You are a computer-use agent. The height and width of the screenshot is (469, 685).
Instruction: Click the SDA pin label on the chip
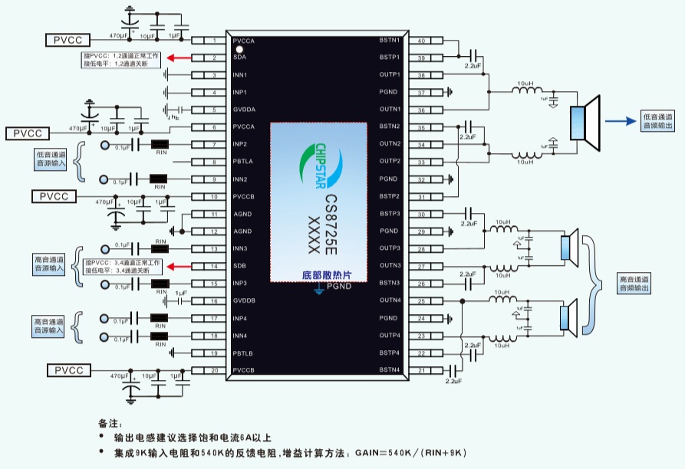241,57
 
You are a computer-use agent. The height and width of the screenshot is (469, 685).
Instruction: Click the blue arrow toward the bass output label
621,120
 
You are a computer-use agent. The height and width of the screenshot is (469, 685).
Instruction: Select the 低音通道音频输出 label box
659,120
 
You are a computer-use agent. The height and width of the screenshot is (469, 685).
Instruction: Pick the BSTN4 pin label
390,371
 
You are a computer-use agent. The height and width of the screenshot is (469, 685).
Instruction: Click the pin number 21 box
422,371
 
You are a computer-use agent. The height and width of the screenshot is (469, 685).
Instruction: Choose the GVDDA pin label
245,110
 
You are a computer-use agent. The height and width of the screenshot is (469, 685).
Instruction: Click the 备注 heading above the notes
109,422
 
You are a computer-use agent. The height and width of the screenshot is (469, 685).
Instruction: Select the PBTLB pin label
244,353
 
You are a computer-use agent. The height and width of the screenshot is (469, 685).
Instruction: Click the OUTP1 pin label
390,75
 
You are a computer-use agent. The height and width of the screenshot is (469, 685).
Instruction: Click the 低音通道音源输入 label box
51,159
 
